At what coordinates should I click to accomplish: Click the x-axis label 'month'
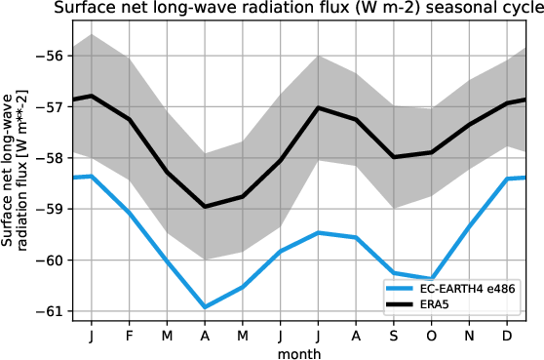click(299, 352)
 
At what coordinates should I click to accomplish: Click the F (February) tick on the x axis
click(129, 335)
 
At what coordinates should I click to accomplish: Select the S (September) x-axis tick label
click(394, 335)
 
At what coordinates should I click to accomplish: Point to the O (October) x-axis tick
click(432, 335)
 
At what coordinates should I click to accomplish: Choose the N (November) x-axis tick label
click(470, 335)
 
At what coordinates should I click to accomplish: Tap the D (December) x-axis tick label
click(507, 335)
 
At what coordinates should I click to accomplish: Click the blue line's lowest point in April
click(205, 307)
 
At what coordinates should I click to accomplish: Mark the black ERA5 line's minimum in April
click(205, 207)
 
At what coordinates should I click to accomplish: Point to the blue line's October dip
click(432, 279)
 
